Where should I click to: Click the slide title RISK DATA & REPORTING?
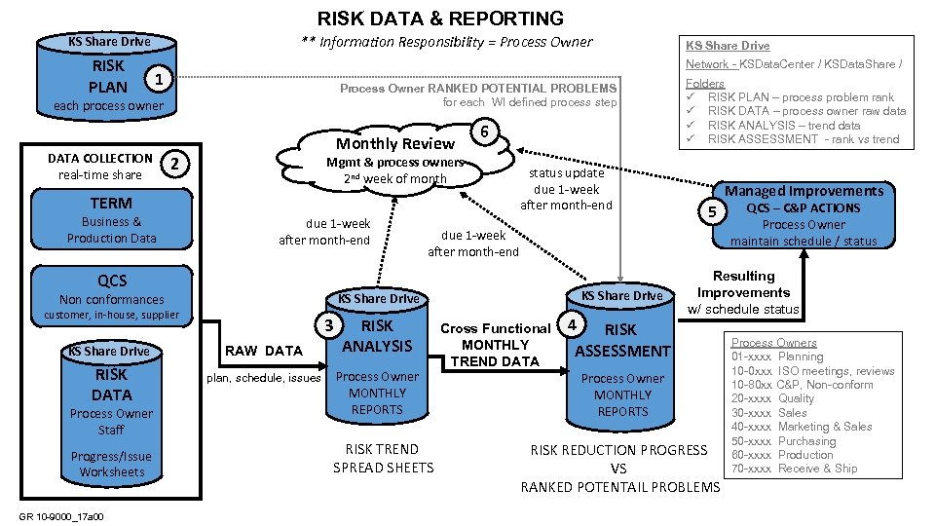440,19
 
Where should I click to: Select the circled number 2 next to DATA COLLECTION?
172,164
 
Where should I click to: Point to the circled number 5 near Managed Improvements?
713,211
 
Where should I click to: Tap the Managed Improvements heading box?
804,191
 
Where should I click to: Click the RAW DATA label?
263,351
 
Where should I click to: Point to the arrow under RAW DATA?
265,365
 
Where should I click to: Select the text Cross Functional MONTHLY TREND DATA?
495,345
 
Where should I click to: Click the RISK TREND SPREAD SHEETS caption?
383,458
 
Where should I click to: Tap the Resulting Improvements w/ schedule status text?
743,292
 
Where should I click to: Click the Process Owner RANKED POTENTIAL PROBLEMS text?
477,89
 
